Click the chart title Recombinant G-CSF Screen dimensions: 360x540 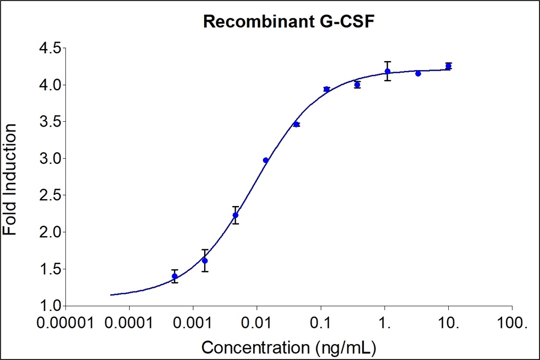point(288,22)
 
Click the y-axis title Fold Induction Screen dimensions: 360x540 point(10,180)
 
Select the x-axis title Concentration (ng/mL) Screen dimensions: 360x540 point(290,347)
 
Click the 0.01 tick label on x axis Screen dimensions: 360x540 point(257,323)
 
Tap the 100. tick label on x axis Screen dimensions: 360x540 point(512,323)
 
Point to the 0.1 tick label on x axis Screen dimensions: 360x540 point(321,323)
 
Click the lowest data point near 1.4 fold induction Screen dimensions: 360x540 point(175,276)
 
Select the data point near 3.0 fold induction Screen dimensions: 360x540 point(266,160)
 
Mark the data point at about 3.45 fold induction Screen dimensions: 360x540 point(296,124)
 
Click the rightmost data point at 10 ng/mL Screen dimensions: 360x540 point(448,66)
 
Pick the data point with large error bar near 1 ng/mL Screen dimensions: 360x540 point(388,71)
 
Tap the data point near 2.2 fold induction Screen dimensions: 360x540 point(236,215)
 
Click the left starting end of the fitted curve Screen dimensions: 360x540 point(111,295)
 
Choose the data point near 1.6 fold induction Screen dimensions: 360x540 point(205,260)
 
